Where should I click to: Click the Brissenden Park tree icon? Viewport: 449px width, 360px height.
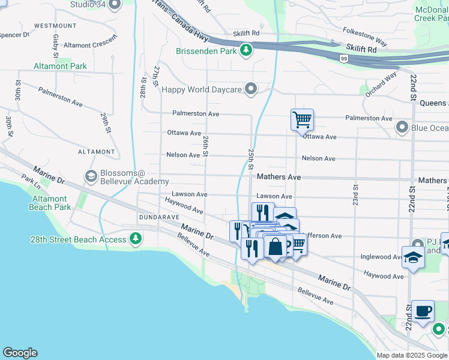[246, 51]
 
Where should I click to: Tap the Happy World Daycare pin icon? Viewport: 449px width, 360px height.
[252, 89]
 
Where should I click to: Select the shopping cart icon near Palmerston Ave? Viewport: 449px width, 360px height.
[302, 119]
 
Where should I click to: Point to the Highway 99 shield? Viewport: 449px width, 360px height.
[343, 58]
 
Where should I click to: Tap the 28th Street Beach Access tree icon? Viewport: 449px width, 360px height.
[136, 239]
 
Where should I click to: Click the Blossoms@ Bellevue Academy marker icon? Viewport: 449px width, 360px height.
[91, 176]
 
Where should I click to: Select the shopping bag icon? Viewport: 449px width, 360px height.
[275, 246]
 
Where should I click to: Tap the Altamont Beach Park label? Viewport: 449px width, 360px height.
[50, 203]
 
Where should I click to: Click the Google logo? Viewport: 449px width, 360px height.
[20, 353]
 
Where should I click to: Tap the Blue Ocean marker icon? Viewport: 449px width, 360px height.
[402, 127]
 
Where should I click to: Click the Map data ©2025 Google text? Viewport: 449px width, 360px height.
[411, 355]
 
